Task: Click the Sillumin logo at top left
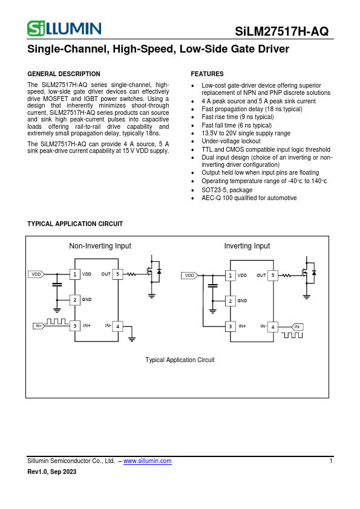pyautogui.click(x=64, y=28)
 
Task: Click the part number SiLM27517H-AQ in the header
pyautogui.click(x=282, y=31)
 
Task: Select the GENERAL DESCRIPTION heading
pyautogui.click(x=64, y=74)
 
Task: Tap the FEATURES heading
pyautogui.click(x=207, y=74)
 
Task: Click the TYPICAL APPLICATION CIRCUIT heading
pyautogui.click(x=75, y=224)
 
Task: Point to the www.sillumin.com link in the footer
pyautogui.click(x=147, y=461)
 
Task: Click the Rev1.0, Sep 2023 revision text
pyautogui.click(x=52, y=472)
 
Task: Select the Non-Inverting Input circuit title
pyautogui.click(x=100, y=246)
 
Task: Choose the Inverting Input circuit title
pyautogui.click(x=247, y=246)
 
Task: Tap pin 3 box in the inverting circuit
pyautogui.click(x=230, y=326)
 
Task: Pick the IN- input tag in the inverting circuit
pyautogui.click(x=297, y=326)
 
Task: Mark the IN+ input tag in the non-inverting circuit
pyautogui.click(x=39, y=326)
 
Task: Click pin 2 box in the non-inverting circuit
pyautogui.click(x=75, y=299)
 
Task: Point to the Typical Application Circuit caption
pyautogui.click(x=180, y=360)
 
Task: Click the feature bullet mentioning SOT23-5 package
pyautogui.click(x=218, y=190)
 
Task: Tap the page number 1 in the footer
pyautogui.click(x=331, y=461)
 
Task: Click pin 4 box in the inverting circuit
pyautogui.click(x=273, y=327)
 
